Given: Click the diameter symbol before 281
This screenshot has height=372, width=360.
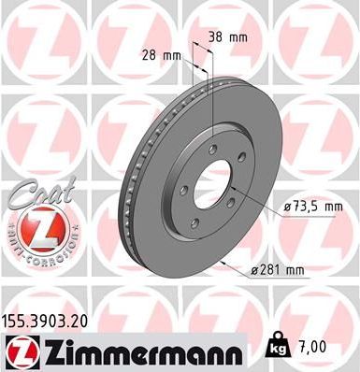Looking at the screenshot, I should pyautogui.click(x=254, y=271).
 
